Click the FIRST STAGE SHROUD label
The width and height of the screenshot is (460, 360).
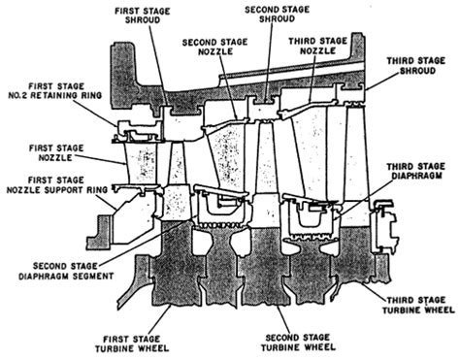point(143,16)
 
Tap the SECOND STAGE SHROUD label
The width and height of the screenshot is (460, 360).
point(277,14)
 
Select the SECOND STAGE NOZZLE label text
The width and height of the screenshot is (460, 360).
point(215,47)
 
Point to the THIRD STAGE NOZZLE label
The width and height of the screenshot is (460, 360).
point(317,46)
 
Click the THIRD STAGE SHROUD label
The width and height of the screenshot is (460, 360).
point(416,66)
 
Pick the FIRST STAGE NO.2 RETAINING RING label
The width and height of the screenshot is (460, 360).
point(55,91)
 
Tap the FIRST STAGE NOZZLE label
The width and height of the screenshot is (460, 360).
point(56,153)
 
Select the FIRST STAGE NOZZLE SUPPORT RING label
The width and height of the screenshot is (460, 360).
point(57,184)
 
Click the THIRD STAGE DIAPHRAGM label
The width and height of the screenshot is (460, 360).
point(416,171)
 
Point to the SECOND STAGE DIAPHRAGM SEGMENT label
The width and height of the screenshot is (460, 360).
point(66,271)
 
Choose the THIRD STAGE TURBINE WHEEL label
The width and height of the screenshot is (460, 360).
point(418,305)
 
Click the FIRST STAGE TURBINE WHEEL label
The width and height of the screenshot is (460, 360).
point(132,344)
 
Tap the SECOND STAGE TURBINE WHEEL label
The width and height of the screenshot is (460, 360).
point(298,343)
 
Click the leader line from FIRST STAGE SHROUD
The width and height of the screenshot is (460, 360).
point(158,65)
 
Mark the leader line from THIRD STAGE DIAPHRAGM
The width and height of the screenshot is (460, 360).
point(362,200)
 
